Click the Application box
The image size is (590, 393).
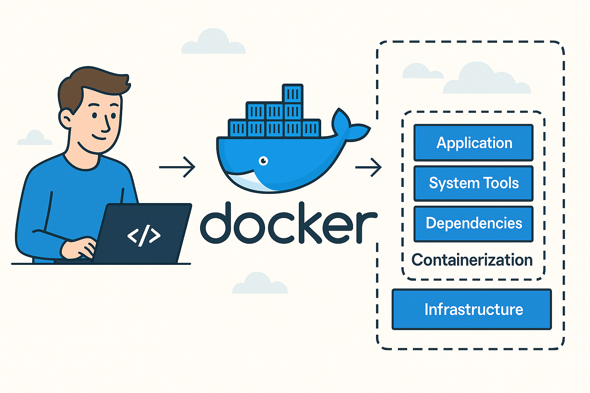point(473,143)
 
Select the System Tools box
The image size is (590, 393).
point(473,183)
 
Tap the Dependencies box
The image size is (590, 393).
point(473,224)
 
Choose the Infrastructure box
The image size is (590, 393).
point(471,309)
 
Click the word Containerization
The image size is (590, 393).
point(472,260)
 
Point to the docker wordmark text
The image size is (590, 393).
point(289,223)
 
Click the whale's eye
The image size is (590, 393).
point(263,160)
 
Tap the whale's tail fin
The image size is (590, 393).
point(350,125)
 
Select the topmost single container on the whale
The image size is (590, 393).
point(293,93)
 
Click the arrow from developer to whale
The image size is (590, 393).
point(177,167)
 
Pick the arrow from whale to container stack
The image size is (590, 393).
point(368,167)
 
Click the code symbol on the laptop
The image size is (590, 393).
point(144,235)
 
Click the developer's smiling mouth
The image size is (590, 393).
point(98,137)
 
